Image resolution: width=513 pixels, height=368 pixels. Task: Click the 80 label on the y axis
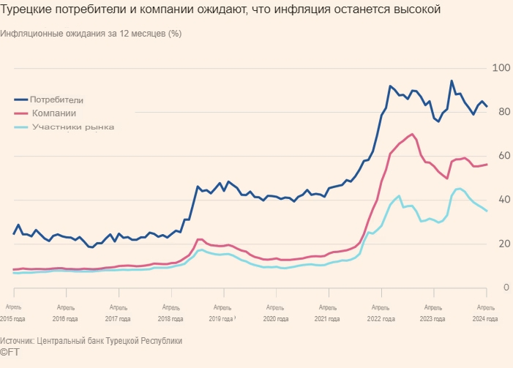click(x=502, y=112)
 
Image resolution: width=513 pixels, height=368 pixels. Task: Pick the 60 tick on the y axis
click(x=502, y=156)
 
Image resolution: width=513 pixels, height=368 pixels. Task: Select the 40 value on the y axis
click(x=502, y=200)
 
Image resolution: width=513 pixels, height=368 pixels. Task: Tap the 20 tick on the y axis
click(x=502, y=244)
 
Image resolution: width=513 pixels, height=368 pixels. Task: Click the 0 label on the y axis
click(x=505, y=288)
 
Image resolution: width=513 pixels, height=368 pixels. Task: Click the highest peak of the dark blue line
click(x=452, y=80)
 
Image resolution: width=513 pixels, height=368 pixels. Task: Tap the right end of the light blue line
click(x=487, y=211)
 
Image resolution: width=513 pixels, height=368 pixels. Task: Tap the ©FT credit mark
click(x=10, y=353)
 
